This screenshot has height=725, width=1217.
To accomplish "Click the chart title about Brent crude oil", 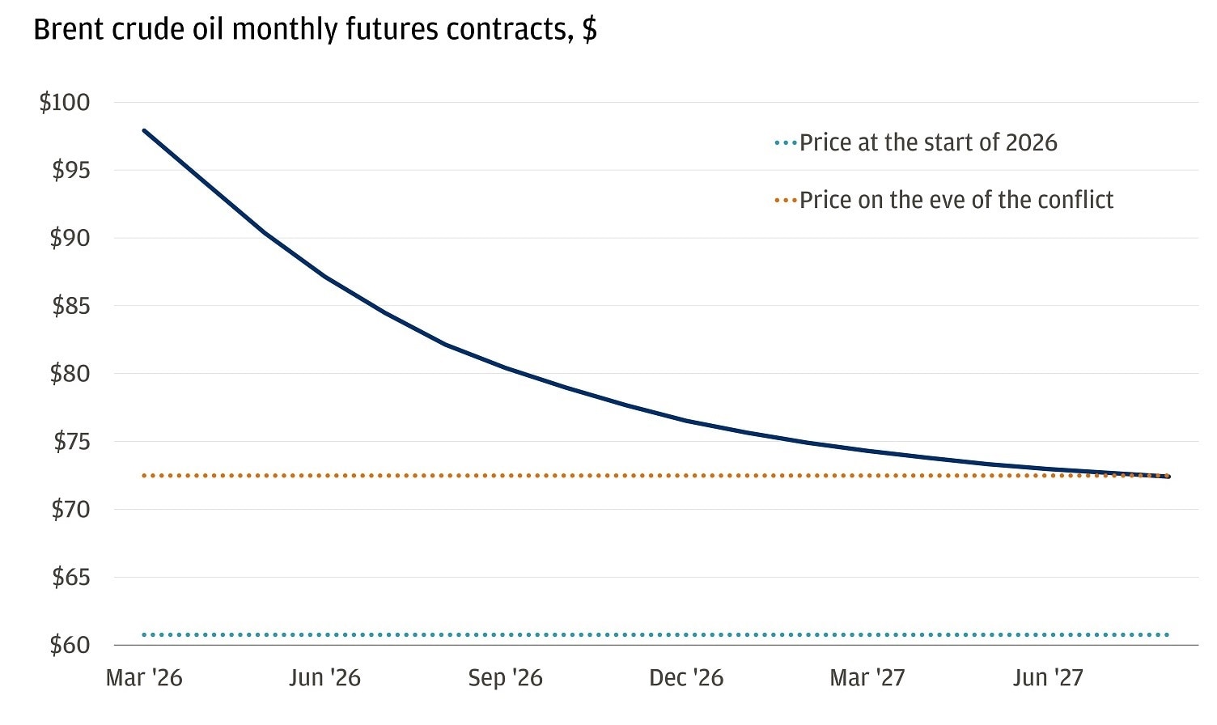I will pyautogui.click(x=315, y=30).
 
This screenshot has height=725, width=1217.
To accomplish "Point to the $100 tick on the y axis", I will pyautogui.click(x=65, y=103).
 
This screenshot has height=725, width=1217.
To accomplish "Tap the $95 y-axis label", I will pyautogui.click(x=70, y=171).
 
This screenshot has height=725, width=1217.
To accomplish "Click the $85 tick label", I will pyautogui.click(x=70, y=307).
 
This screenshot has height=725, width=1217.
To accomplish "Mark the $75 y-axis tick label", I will pyautogui.click(x=71, y=442).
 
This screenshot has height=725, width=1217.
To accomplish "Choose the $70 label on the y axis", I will pyautogui.click(x=70, y=510).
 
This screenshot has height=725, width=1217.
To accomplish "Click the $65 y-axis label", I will pyautogui.click(x=70, y=578).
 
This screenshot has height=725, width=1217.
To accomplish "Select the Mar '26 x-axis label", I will pyautogui.click(x=144, y=678).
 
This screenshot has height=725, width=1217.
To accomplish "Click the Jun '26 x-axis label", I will pyautogui.click(x=324, y=678).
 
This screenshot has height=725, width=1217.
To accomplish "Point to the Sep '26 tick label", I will pyautogui.click(x=505, y=678).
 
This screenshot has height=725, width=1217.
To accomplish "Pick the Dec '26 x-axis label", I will pyautogui.click(x=686, y=678).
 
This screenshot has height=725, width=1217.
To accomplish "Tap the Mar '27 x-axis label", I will pyautogui.click(x=867, y=678).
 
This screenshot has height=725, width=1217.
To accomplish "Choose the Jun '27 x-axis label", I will pyautogui.click(x=1047, y=678).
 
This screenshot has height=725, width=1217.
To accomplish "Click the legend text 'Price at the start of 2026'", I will pyautogui.click(x=928, y=143).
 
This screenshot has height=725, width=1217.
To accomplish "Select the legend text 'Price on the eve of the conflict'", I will pyautogui.click(x=956, y=200).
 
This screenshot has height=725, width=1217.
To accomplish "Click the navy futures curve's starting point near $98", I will pyautogui.click(x=144, y=130).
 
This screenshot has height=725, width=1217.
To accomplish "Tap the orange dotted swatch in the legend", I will pyautogui.click(x=785, y=200).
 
